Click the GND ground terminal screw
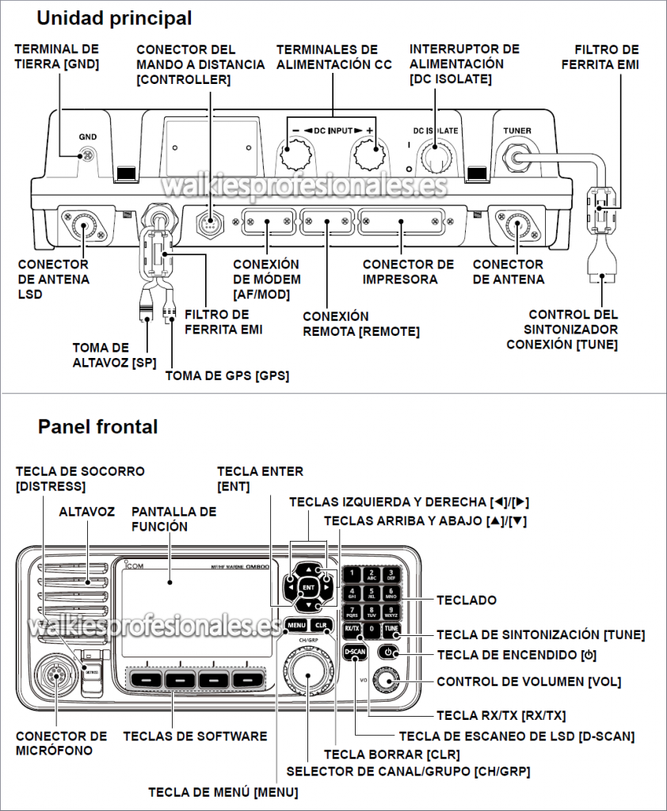89,154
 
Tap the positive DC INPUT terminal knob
368,152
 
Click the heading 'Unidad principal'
114,17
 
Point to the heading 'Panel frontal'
97,427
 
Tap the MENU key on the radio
297,625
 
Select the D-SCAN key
355,652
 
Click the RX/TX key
353,630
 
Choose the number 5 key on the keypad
372,593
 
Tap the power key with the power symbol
387,653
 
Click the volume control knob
387,679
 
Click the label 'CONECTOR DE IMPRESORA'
408,271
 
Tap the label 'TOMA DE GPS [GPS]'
227,375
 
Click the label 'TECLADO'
467,600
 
